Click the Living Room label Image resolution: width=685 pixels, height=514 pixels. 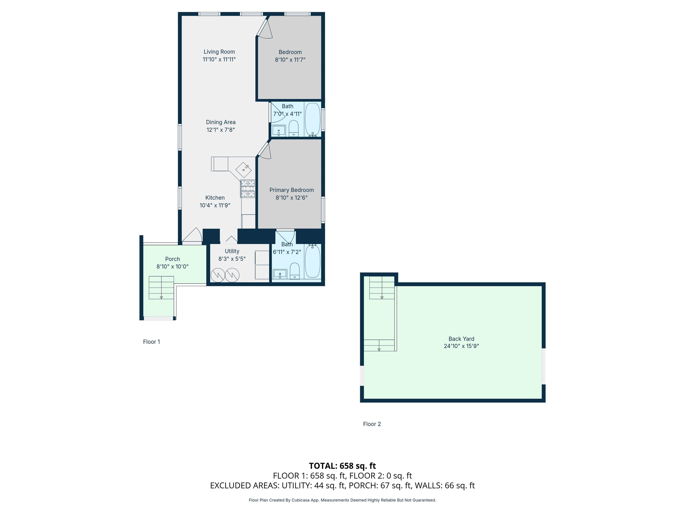coord(219,52)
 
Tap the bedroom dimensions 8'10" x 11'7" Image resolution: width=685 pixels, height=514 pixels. coord(290,60)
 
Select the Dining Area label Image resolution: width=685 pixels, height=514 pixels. coord(221,122)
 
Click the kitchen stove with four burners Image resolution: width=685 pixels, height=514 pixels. coord(248,189)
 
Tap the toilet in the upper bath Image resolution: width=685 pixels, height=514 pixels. coord(293,128)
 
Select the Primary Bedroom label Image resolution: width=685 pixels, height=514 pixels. coord(291,190)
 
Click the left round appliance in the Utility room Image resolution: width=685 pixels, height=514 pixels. coord(218,275)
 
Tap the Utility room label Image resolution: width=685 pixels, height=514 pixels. coord(232,251)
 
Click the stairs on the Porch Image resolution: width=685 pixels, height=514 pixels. coord(161,288)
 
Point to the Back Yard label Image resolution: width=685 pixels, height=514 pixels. coord(461,339)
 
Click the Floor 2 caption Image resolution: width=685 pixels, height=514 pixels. coord(372,424)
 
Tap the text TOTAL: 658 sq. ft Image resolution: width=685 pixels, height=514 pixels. coord(342,466)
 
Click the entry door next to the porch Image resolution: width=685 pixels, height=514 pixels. coord(192,236)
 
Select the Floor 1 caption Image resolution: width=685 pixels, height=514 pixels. coord(151,342)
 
